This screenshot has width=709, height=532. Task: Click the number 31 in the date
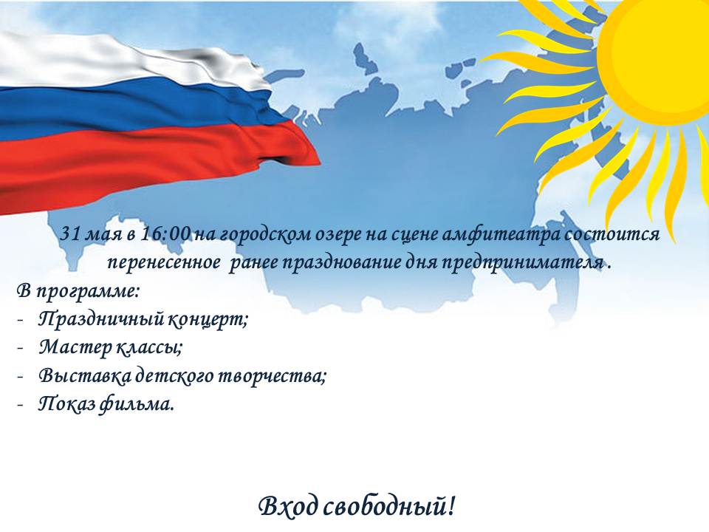coord(71,234)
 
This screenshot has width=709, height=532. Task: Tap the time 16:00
coord(166,234)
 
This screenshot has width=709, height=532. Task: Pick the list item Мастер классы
coord(111,348)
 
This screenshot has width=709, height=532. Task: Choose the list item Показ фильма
coord(106,404)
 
